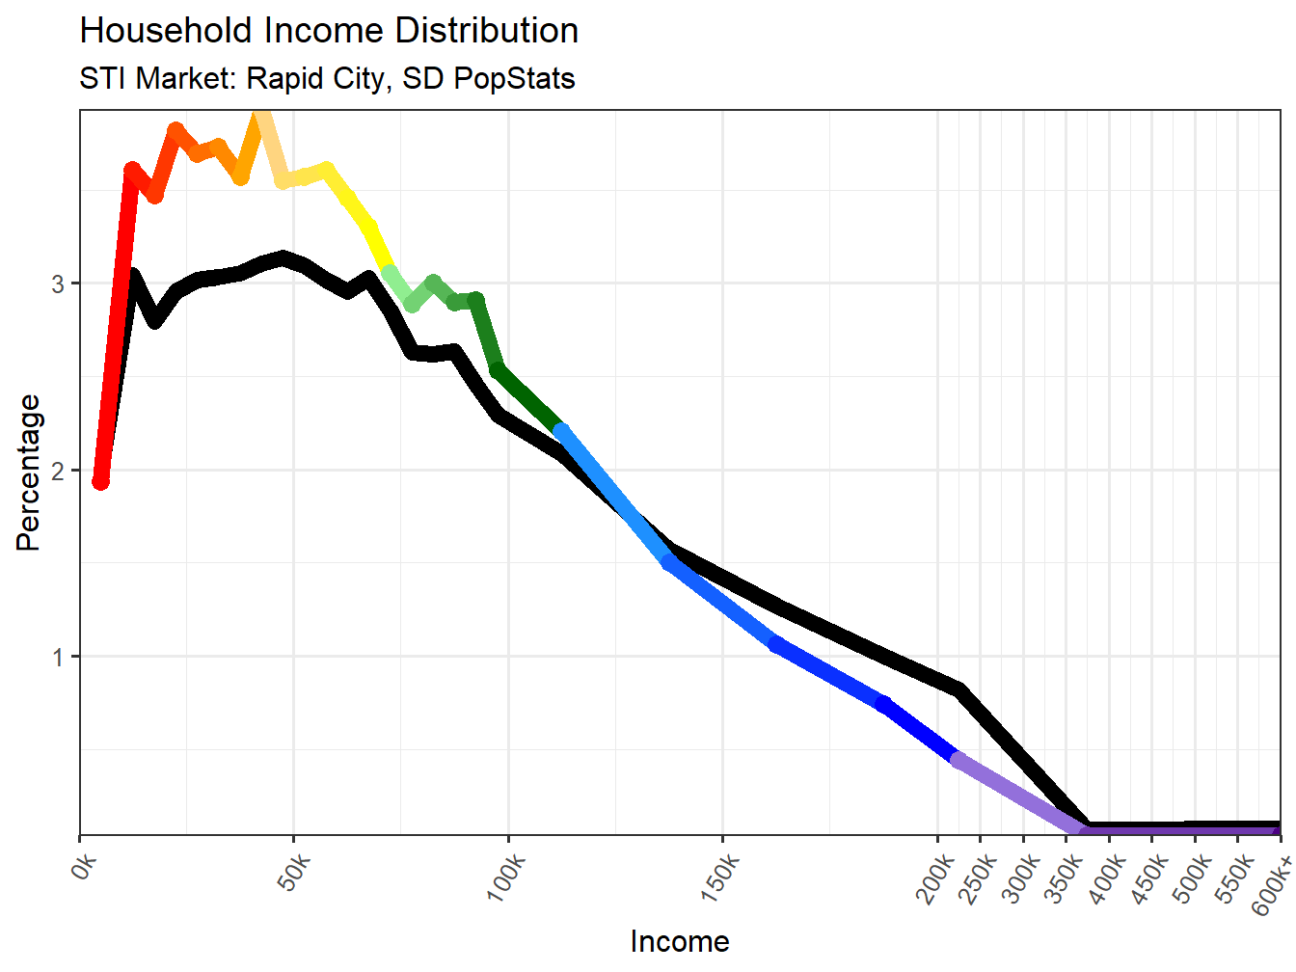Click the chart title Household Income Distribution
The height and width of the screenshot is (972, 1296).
pyautogui.click(x=329, y=31)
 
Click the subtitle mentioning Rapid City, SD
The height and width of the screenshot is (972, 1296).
pyautogui.click(x=327, y=78)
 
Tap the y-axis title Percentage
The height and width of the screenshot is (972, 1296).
pyautogui.click(x=29, y=472)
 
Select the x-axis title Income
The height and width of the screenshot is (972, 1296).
pyautogui.click(x=679, y=941)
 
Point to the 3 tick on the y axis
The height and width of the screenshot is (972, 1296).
pyautogui.click(x=59, y=284)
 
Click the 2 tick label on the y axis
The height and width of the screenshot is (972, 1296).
pyautogui.click(x=59, y=472)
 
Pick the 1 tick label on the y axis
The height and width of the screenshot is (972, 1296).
pyautogui.click(x=59, y=658)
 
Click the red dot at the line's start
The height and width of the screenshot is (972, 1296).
pyautogui.click(x=100, y=481)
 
